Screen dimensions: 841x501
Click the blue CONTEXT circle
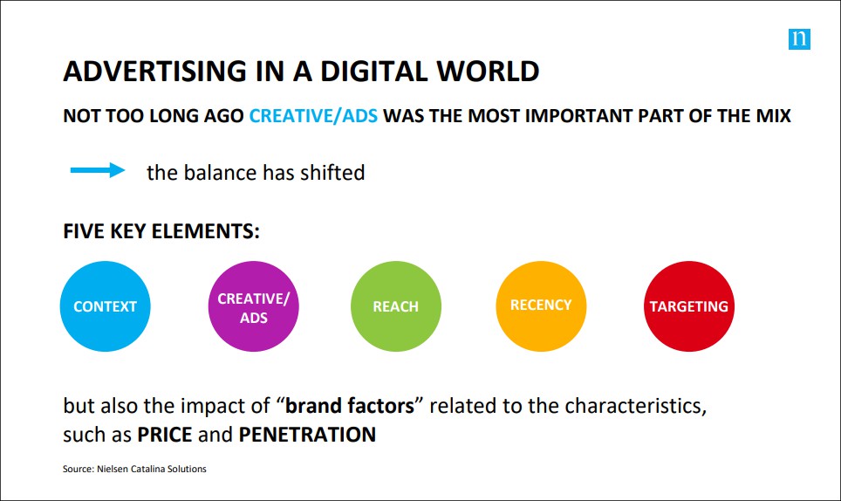pos(105,306)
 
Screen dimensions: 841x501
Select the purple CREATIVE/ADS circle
pos(253,306)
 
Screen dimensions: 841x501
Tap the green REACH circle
pos(396,306)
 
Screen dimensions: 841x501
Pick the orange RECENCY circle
pos(541,306)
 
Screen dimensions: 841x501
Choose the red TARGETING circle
pos(689,306)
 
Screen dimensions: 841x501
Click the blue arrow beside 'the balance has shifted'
pos(98,170)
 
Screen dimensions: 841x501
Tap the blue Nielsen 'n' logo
pos(799,39)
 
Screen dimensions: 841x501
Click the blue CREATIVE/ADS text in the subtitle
pos(313,116)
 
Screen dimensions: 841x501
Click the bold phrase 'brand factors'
pos(350,406)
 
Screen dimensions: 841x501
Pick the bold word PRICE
pos(164,435)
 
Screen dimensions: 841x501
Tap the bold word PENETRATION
pos(307,435)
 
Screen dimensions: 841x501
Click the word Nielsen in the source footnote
pos(112,469)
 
